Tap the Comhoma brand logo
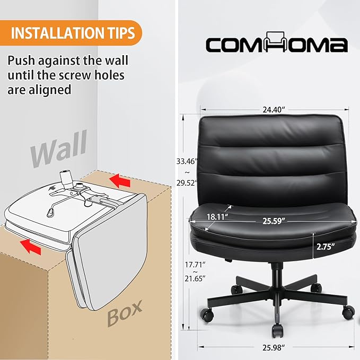277,42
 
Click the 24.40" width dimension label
274,110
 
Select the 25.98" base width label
274,348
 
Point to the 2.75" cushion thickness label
326,247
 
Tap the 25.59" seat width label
274,221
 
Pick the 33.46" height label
187,161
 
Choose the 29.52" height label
187,183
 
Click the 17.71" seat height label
195,265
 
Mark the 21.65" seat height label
195,278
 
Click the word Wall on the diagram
59,148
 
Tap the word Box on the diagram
125,313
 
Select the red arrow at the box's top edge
120,180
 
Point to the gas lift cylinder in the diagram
65,178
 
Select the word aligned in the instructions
50,90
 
